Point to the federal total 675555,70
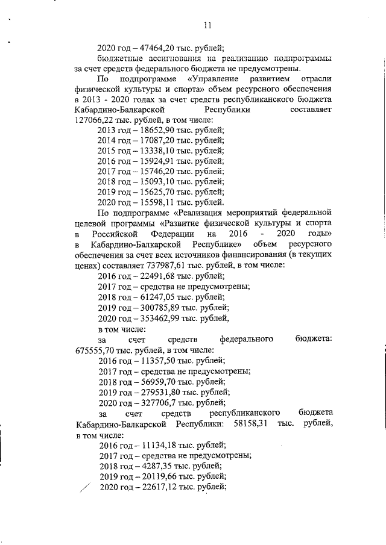click(x=93, y=349)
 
